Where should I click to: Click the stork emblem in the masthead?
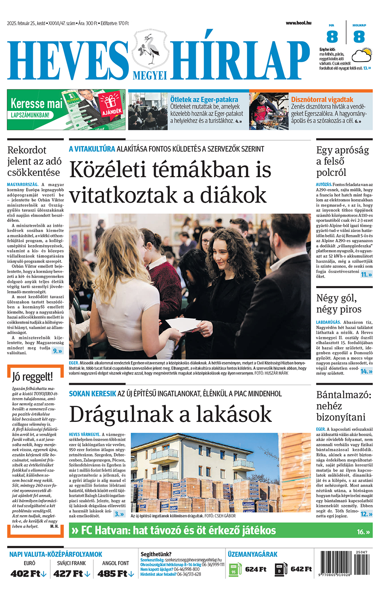point(150,49)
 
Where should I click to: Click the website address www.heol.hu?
point(298,23)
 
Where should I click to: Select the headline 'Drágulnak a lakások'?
point(170,414)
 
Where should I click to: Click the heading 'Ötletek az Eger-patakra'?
point(204,100)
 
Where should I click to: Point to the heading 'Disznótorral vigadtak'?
point(322,100)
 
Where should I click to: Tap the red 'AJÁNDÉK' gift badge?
point(111,106)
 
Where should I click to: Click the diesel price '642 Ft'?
point(301,569)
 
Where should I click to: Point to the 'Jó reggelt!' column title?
point(33,376)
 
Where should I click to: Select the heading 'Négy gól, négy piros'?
point(339,304)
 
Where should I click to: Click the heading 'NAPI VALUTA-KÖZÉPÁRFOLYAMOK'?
point(56,554)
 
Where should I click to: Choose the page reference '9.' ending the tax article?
point(57,351)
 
